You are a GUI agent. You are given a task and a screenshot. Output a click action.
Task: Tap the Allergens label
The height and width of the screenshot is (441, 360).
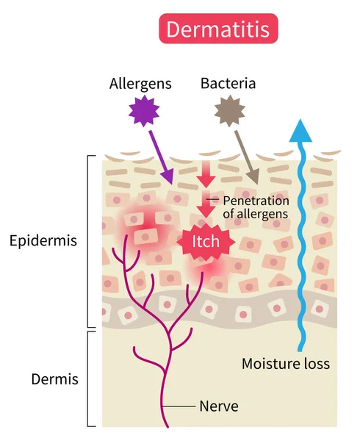(x=140, y=83)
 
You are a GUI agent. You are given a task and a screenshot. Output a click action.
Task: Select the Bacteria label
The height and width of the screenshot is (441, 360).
(x=228, y=83)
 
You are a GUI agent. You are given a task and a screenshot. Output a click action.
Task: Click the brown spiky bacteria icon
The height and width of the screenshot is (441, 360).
(x=228, y=112)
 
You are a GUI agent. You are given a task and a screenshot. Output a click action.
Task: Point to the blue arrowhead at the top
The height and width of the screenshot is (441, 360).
(x=299, y=130)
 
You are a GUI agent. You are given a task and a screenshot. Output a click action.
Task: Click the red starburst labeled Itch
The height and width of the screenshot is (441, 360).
(x=206, y=242)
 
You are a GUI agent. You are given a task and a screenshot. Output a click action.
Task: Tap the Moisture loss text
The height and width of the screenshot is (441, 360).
(x=286, y=363)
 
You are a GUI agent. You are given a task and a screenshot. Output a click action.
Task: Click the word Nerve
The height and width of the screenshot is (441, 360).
(x=219, y=405)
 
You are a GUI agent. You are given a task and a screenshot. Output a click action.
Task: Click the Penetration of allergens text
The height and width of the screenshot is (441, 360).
(x=256, y=207)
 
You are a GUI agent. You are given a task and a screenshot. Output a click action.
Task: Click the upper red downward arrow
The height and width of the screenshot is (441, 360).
(x=206, y=175)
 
